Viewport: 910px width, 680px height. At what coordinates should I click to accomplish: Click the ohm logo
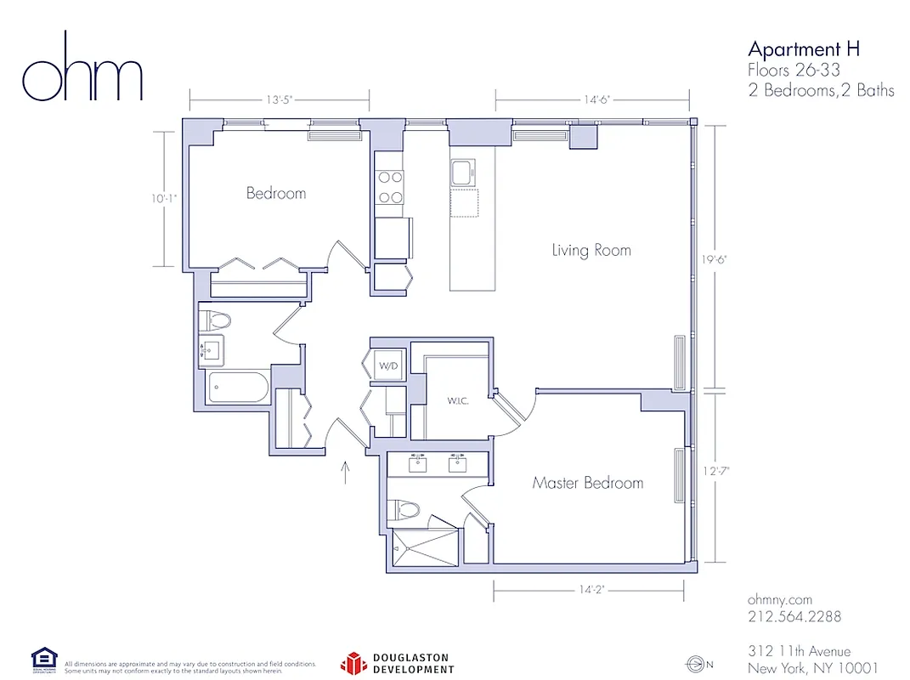[82, 67]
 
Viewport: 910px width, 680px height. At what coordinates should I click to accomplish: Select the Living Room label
[591, 250]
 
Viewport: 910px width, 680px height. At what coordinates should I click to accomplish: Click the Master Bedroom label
[587, 483]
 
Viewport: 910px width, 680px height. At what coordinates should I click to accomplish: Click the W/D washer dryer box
[388, 367]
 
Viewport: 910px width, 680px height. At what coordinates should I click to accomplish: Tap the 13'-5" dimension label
[279, 99]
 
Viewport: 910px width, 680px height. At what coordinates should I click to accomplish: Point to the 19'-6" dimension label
[721, 259]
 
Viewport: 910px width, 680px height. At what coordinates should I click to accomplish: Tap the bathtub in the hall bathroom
[239, 388]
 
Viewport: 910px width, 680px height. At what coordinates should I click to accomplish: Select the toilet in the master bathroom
[405, 510]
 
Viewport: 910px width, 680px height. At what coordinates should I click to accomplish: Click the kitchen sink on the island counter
[463, 173]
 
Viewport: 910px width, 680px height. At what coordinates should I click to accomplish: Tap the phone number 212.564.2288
[794, 616]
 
